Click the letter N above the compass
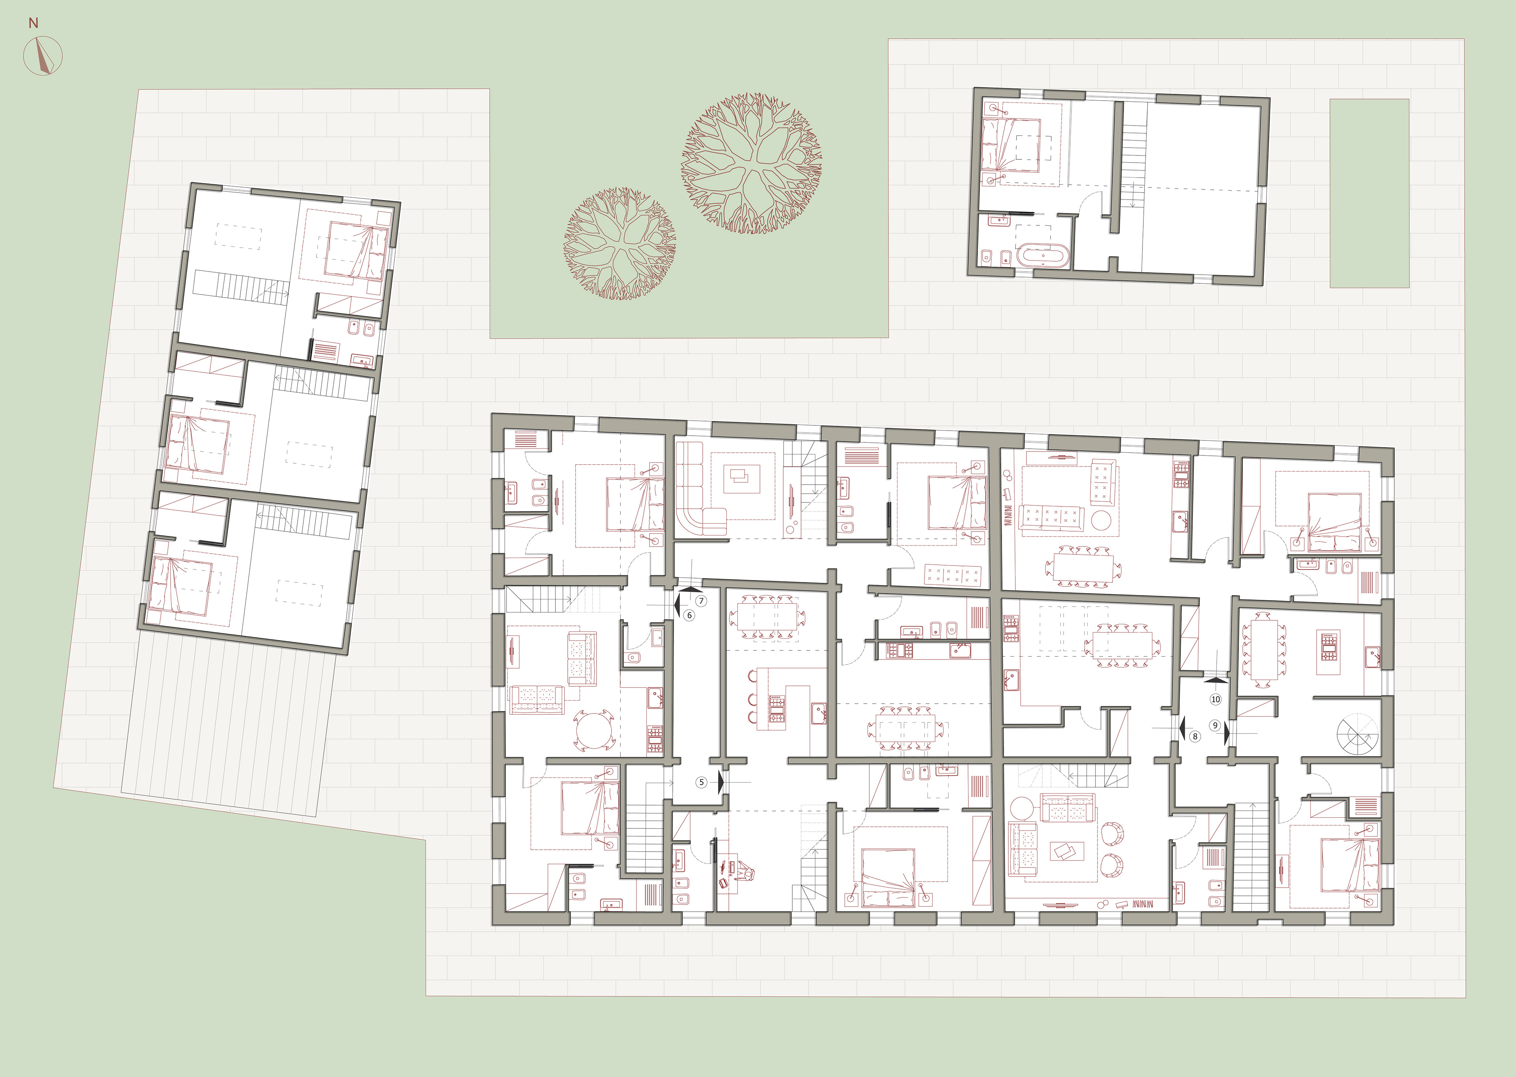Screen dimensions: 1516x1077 click(33, 23)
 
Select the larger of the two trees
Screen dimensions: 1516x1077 click(752, 163)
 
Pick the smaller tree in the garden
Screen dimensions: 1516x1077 click(620, 243)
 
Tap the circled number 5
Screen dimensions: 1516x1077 click(701, 783)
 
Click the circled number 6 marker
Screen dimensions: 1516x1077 click(689, 615)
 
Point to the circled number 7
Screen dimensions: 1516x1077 click(702, 601)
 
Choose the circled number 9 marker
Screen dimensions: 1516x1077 click(1216, 725)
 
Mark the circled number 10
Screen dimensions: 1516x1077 click(1216, 699)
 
